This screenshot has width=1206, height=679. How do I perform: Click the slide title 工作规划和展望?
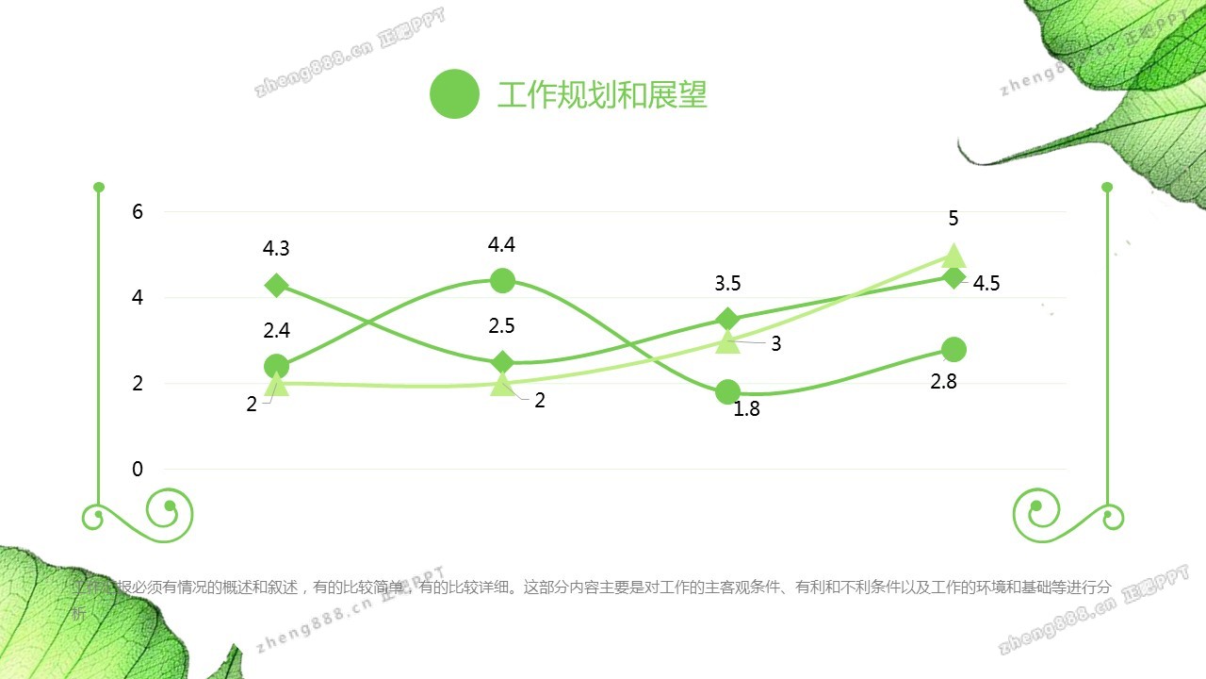coord(602,95)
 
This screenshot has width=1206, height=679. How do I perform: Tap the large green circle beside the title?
coord(454,94)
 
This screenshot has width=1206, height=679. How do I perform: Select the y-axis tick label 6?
coord(138,211)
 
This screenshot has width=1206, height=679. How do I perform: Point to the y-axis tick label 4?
coord(138,298)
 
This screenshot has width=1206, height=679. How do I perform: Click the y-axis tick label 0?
coord(138,470)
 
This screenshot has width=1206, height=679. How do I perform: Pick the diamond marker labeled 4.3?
coord(276,285)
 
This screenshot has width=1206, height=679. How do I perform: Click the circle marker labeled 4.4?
coord(502,280)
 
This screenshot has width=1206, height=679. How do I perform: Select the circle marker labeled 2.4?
coord(276,366)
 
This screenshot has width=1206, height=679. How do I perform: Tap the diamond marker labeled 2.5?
coord(502,362)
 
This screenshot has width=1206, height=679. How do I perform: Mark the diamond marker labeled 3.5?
coord(727,319)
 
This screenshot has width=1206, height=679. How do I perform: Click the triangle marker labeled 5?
coord(953,256)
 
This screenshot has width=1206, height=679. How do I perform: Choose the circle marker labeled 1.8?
coord(727,391)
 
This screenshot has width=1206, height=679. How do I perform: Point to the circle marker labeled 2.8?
coord(953,349)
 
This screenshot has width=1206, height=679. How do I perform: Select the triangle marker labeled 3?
coord(727,341)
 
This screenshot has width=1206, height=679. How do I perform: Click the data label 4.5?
coord(986,284)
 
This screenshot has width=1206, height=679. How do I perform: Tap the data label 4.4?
coord(502,245)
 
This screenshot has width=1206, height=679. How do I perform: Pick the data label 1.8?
coord(746,409)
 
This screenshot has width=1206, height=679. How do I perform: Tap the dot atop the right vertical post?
coord(1107,187)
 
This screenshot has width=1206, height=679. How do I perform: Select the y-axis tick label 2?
coord(138,384)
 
